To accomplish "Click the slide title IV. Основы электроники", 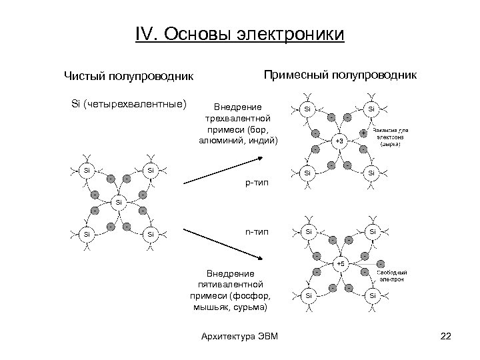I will tap(239, 33).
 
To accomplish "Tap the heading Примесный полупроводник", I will tap(341, 74).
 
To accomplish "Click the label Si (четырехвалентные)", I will tap(129, 104).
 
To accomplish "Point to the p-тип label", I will tap(257, 182).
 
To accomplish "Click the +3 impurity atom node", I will tap(339, 141).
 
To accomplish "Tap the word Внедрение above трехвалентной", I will tap(237, 107).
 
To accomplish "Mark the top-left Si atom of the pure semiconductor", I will tap(86, 169).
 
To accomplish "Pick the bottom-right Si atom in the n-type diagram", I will tap(372, 295).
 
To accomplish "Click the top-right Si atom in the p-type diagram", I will tap(372, 107).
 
